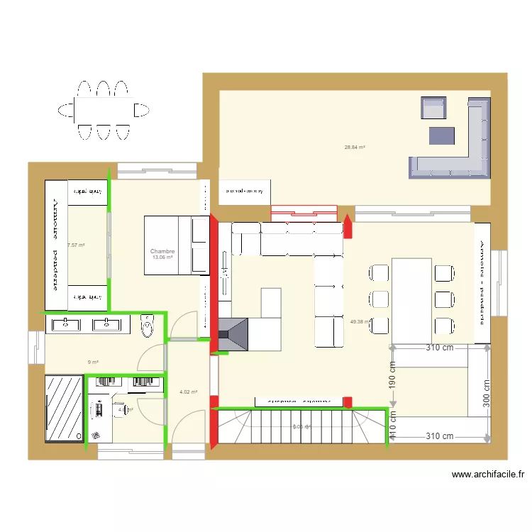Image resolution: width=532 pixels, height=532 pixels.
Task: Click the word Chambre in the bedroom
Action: click(x=162, y=251)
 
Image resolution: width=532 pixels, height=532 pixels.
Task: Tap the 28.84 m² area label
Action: click(x=355, y=148)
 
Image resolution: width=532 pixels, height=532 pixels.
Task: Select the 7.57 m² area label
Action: click(x=76, y=245)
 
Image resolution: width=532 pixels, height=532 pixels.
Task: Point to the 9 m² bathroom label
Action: click(x=93, y=362)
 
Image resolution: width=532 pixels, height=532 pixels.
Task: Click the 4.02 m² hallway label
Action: click(x=188, y=392)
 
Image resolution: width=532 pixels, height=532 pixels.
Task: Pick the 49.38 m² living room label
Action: click(x=360, y=321)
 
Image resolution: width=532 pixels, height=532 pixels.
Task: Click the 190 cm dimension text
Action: click(x=392, y=372)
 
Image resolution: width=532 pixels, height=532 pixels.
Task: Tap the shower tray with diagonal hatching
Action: click(x=64, y=408)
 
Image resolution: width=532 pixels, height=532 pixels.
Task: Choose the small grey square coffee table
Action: click(x=441, y=135)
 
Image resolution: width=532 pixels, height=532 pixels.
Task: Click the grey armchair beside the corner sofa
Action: click(x=433, y=109)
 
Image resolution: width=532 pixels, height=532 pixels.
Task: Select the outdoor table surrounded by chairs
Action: click(x=104, y=110)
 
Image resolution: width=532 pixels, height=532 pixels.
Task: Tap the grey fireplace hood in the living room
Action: click(x=234, y=334)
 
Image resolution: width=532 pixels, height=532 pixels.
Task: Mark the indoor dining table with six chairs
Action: click(x=412, y=295)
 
